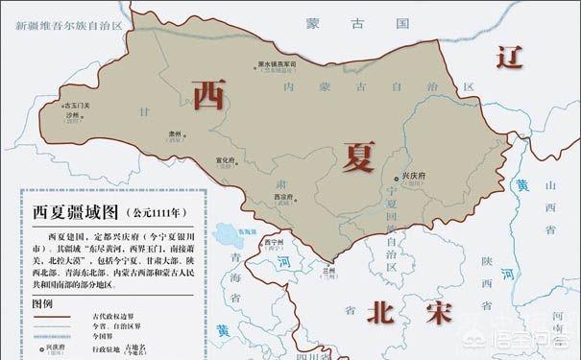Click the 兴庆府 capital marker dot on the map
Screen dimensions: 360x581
click(x=398, y=180)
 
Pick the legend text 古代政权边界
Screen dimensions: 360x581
click(x=115, y=314)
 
